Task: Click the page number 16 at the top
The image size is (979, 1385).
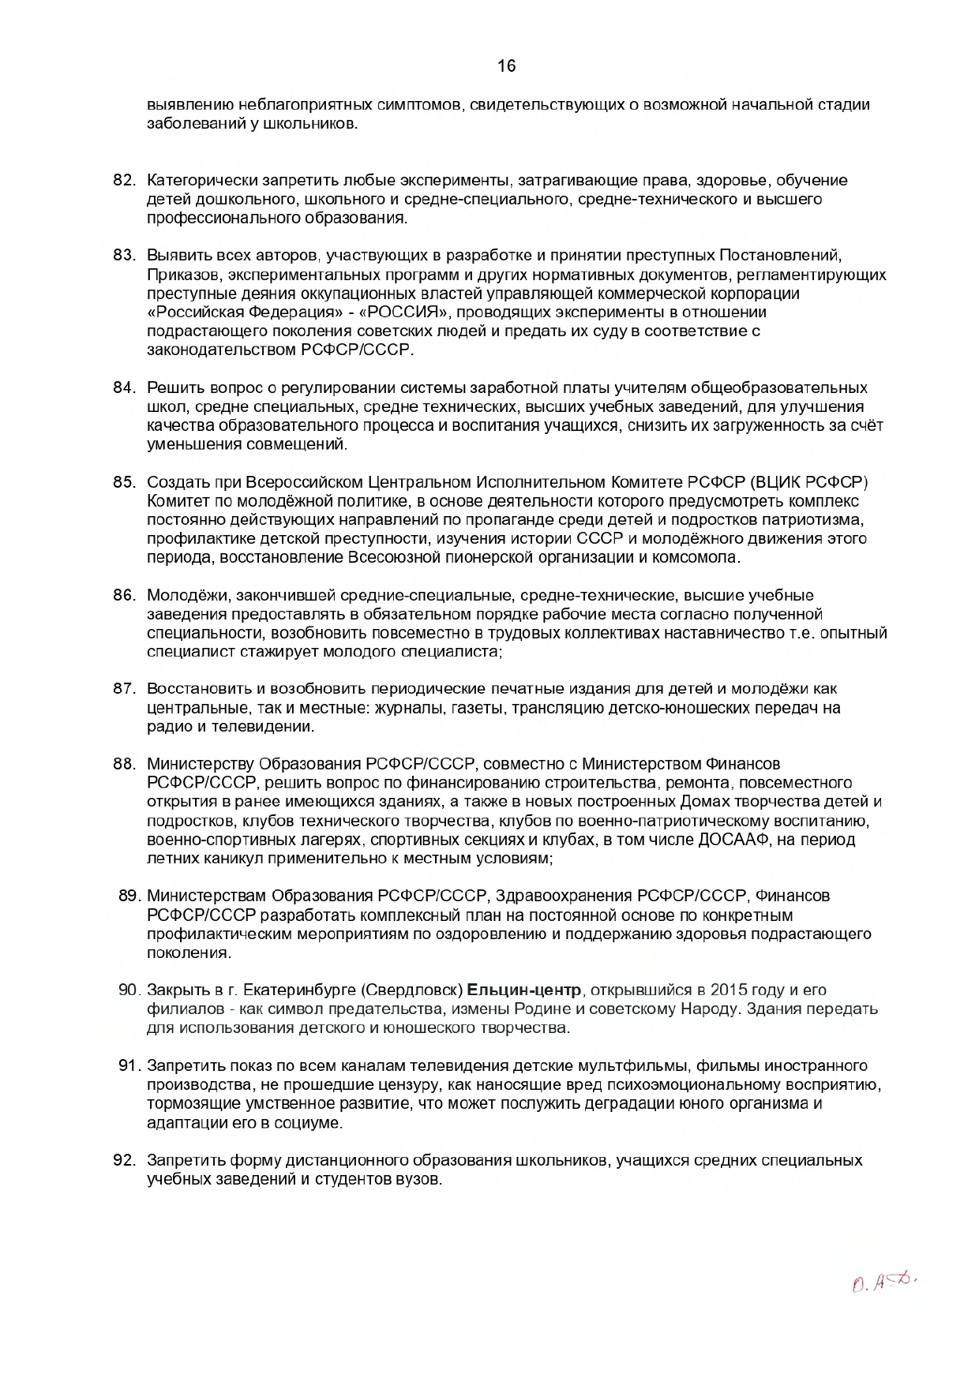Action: coord(507,66)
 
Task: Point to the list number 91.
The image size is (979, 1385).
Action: coord(129,1066)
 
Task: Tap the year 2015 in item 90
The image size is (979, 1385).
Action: coord(729,990)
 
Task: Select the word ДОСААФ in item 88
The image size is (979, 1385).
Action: coord(731,840)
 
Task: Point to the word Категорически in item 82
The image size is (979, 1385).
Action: coord(197,180)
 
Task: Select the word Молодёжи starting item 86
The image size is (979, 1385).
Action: coord(181,595)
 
